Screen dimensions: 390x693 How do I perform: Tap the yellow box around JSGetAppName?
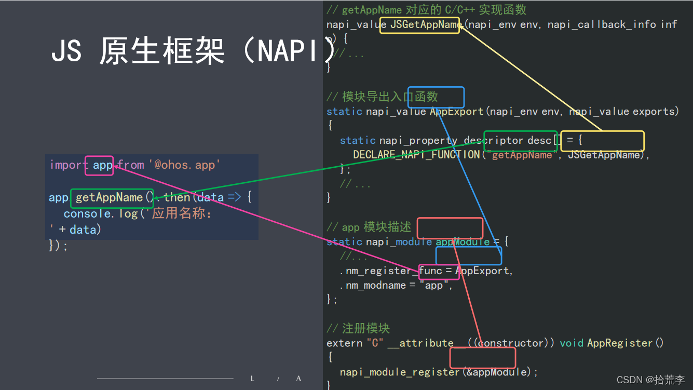click(x=419, y=25)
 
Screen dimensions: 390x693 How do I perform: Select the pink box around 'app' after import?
click(x=99, y=165)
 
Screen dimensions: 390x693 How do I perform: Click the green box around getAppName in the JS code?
click(x=112, y=198)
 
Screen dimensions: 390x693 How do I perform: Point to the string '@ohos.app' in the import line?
click(x=185, y=165)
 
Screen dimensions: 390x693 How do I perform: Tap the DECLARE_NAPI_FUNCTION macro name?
click(x=416, y=155)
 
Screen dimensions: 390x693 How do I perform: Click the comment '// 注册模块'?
click(x=358, y=328)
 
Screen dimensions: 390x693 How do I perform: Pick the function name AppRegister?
click(x=620, y=343)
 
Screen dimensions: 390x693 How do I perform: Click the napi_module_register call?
click(x=399, y=372)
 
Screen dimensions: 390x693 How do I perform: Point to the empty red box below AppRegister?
click(x=482, y=358)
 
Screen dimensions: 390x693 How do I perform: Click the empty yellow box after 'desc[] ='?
click(x=602, y=141)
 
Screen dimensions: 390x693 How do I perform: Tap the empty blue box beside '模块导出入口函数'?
click(x=436, y=97)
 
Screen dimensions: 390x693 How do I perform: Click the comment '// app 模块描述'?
click(x=369, y=227)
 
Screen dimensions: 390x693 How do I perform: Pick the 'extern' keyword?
click(x=344, y=343)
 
